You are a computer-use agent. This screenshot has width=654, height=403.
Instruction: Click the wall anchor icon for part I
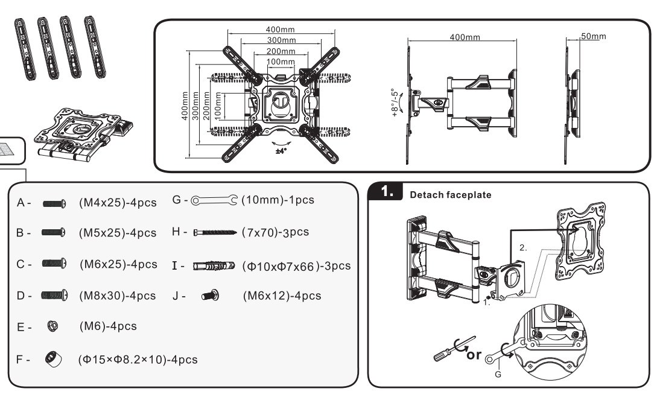pos(214,266)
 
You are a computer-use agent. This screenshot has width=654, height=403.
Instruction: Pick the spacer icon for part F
pos(52,359)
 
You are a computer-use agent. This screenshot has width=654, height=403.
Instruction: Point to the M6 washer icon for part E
pos(52,326)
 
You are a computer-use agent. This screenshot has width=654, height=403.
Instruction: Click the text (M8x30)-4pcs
pos(117,296)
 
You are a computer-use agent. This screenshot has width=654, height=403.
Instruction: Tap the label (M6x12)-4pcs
pos(282,296)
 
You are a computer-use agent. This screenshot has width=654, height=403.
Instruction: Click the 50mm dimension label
pos(592,37)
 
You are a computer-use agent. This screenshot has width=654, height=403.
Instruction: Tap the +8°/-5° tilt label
pos(395,103)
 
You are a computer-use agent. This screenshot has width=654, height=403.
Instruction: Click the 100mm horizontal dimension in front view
pos(281,62)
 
